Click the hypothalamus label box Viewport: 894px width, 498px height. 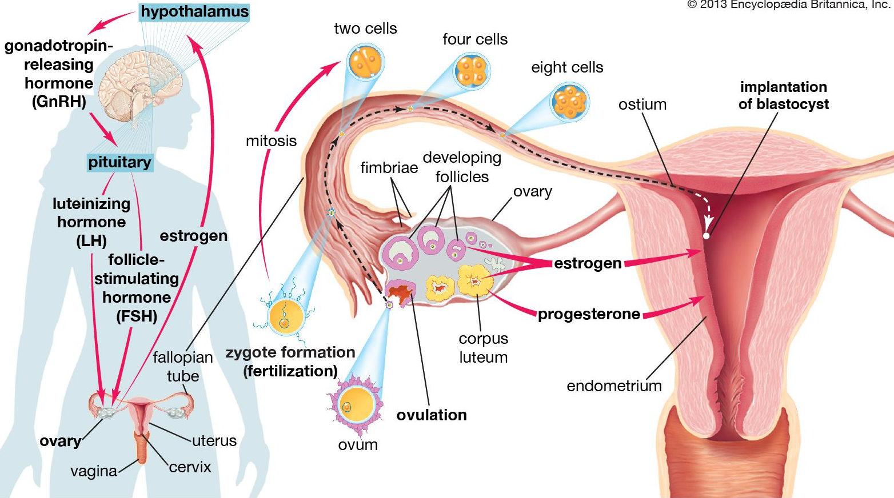pyautogui.click(x=194, y=11)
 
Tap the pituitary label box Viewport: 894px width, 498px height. pyautogui.click(x=119, y=162)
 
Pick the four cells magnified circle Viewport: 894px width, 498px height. pyautogui.click(x=472, y=71)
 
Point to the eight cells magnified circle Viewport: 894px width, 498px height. pyautogui.click(x=569, y=102)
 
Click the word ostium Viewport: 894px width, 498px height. pyautogui.click(x=642, y=105)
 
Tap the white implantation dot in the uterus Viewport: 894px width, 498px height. pyautogui.click(x=707, y=235)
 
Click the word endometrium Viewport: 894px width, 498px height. pyautogui.click(x=614, y=386)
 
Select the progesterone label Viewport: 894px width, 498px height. pyautogui.click(x=589, y=314)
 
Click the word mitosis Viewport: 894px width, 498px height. pyautogui.click(x=271, y=141)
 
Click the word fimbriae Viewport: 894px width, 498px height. pyautogui.click(x=389, y=167)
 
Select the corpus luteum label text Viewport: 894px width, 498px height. pyautogui.click(x=483, y=348)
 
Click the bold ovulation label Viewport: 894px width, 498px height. pyautogui.click(x=432, y=415)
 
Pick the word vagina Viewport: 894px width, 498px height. pyautogui.click(x=94, y=471)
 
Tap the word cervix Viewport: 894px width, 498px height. pyautogui.click(x=190, y=467)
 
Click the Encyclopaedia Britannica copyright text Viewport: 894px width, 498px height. pyautogui.click(x=789, y=5)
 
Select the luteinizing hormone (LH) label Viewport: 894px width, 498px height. pyautogui.click(x=91, y=222)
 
